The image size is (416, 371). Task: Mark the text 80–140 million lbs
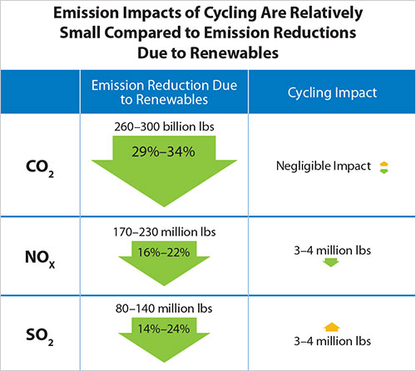pos(164,307)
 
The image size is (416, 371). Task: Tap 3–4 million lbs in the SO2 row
pos(331,340)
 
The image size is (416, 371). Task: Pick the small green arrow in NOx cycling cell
pos(331,263)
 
